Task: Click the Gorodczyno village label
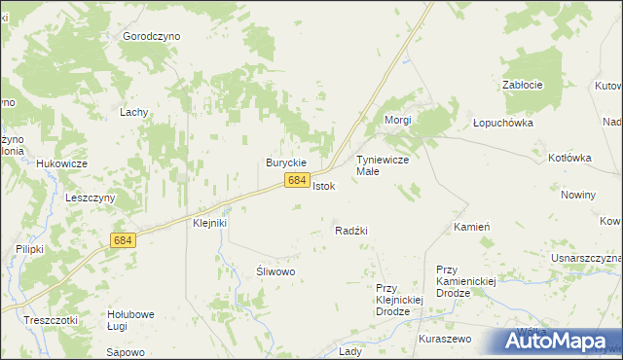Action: click(152, 35)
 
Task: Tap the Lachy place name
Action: click(133, 112)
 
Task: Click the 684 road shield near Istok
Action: click(298, 181)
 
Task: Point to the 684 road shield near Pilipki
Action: click(123, 239)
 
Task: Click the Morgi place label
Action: click(398, 120)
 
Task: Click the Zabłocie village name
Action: click(522, 85)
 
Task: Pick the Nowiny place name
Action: click(578, 195)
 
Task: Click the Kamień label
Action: click(471, 227)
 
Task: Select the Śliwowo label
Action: click(275, 271)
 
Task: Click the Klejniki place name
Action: click(209, 223)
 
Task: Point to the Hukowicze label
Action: click(62, 163)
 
